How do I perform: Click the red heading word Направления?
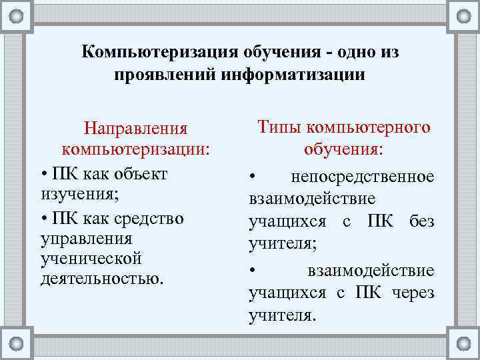pos(135,127)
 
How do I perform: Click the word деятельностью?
pos(102,277)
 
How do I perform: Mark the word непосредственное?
pos(363,177)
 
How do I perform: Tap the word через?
pos(413,293)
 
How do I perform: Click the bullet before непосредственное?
pos(253,177)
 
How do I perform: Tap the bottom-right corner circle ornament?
pos(463,343)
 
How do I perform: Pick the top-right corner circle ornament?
pos(463,15)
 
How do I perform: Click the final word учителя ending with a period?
pos(280,315)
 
